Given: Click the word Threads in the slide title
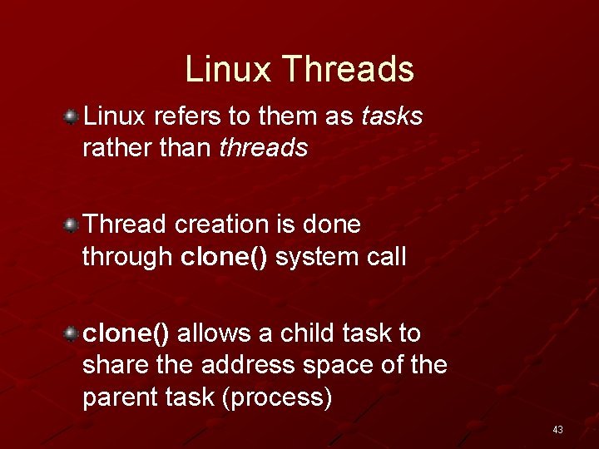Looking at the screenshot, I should tap(348, 69).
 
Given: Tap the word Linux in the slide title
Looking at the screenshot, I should tap(228, 69).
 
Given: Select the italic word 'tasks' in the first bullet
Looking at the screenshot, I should tap(392, 117).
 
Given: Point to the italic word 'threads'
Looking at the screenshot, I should tap(264, 149).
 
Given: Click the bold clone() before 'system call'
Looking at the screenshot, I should tap(224, 257).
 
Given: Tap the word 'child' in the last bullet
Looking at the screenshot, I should tap(307, 333).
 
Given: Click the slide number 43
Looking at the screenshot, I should tap(557, 430).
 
